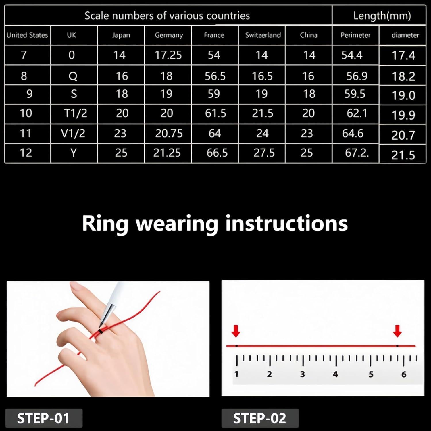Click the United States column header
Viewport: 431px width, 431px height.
27,35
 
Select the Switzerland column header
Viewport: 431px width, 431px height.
263,35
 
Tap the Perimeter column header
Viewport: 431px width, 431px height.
355,35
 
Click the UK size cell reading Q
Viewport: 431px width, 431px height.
73,76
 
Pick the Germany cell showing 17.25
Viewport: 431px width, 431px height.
168,55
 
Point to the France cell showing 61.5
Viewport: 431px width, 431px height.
215,113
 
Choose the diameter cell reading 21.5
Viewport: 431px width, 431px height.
403,155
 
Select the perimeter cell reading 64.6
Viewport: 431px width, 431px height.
353,133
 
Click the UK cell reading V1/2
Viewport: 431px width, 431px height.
73,133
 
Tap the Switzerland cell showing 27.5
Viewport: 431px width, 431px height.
264,153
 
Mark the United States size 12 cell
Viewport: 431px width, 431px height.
26,153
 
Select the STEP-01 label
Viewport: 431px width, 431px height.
43,418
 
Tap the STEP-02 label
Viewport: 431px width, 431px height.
259,418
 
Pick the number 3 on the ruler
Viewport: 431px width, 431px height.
302,374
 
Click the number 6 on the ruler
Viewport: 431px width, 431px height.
404,374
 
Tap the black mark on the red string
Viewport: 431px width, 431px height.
100,332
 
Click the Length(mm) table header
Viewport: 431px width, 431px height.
382,16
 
